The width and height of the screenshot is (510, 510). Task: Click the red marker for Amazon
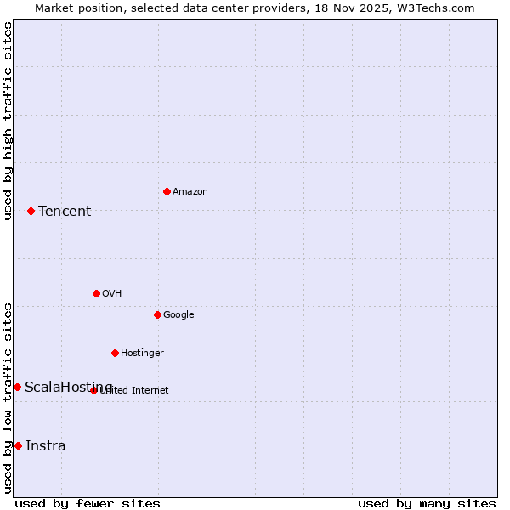(167, 191)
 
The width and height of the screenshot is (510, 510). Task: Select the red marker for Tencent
(31, 211)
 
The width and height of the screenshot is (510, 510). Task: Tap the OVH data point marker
(96, 293)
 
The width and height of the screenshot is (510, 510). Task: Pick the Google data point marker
(157, 314)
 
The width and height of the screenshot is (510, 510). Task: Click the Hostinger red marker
(115, 353)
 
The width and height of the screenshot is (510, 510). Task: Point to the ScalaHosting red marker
(17, 387)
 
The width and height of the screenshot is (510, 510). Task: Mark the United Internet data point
(93, 390)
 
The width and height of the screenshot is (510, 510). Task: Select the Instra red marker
(18, 445)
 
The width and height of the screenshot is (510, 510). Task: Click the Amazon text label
(190, 192)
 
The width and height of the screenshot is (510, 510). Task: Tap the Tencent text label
(65, 212)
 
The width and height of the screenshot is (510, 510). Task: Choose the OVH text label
(111, 294)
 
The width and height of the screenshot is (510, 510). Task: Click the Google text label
(178, 315)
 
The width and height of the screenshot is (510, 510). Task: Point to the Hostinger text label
(142, 354)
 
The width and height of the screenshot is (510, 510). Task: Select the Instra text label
(45, 446)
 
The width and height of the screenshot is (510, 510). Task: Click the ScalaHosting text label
(68, 388)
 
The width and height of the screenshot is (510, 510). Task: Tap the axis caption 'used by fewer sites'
(88, 503)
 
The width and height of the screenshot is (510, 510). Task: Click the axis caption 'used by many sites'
(427, 503)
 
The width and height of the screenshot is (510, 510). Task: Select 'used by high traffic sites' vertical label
(8, 121)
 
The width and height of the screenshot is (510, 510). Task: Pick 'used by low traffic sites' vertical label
(8, 398)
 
